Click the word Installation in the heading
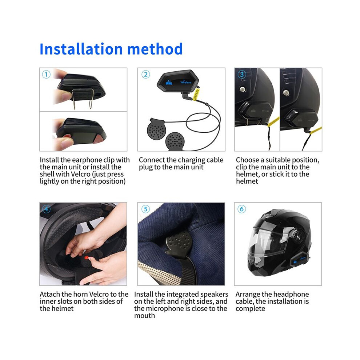pos(81,49)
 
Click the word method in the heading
pos(155,49)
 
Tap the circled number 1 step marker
pos(46,75)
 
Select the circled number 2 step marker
pos(145,75)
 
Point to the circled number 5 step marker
pos(145,209)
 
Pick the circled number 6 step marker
pos(241,209)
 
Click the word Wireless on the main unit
pos(185,82)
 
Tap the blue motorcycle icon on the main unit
pos(169,83)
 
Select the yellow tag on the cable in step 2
pos(196,95)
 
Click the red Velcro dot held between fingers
pos(87,257)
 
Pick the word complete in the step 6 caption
pos(250,309)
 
